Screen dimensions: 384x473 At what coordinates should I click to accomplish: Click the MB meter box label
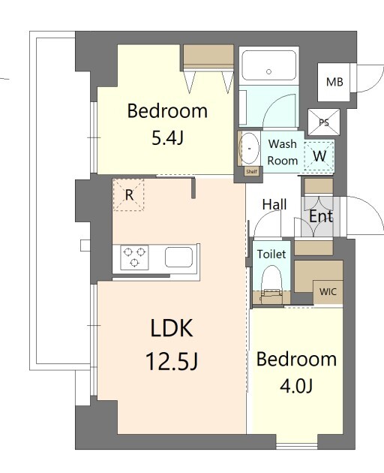[x=334, y=82]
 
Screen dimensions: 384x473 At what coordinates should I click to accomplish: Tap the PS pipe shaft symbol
[x=324, y=122]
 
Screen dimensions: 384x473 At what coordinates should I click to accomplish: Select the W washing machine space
[x=319, y=156]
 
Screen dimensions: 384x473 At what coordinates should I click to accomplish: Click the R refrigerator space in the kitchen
[x=128, y=195]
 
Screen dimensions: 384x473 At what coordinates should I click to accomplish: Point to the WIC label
[x=328, y=292]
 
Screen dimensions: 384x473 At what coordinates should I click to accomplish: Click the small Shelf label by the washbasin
[x=252, y=172]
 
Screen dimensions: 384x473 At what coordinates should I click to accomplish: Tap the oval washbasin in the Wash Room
[x=249, y=148]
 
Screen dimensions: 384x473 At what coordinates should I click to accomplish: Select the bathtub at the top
[x=269, y=65]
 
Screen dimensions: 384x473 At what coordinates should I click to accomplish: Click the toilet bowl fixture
[x=271, y=284]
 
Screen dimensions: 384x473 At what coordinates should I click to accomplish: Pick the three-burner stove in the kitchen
[x=134, y=258]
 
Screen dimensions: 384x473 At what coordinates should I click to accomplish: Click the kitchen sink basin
[x=178, y=257]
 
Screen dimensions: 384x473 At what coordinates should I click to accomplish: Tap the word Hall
[x=274, y=205]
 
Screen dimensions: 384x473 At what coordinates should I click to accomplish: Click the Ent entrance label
[x=321, y=216]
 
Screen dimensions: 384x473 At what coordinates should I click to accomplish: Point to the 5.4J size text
[x=167, y=139]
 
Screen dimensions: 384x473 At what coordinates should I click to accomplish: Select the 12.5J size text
[x=172, y=362]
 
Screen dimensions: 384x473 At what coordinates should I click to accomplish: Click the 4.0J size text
[x=296, y=386]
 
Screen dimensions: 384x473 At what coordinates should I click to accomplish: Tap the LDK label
[x=172, y=328]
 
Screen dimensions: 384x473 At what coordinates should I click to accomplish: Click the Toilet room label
[x=271, y=254]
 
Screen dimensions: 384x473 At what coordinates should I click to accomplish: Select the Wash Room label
[x=283, y=152]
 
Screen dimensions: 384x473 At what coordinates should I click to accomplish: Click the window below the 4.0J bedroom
[x=297, y=446]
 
